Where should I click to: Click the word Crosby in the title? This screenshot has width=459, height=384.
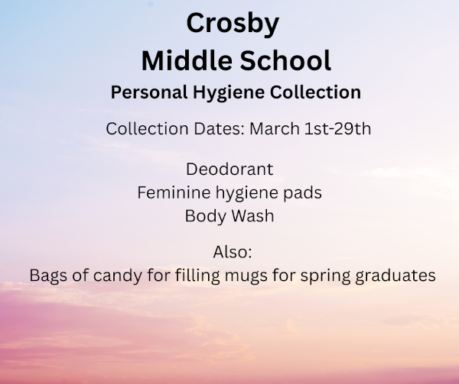click(x=233, y=24)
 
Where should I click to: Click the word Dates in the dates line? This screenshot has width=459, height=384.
click(x=219, y=128)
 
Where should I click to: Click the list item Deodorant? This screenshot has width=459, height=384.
click(x=229, y=169)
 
